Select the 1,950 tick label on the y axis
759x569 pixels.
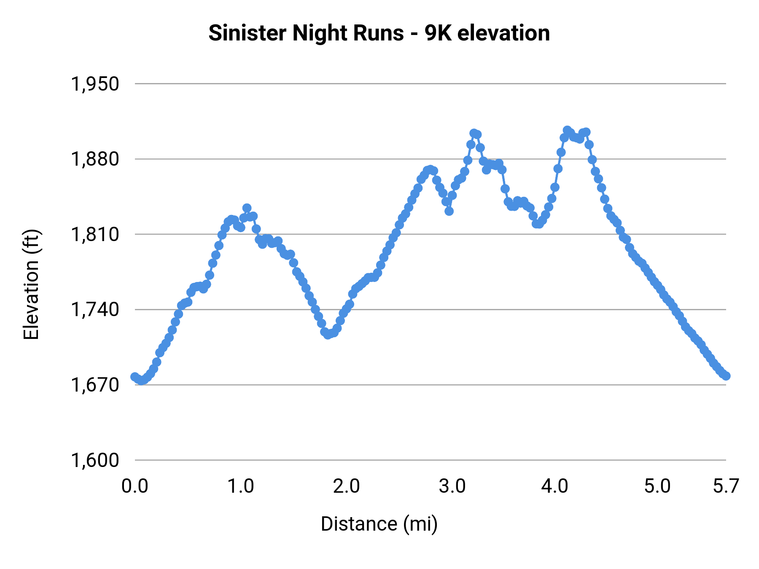(95, 84)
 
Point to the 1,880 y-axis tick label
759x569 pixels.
(95, 160)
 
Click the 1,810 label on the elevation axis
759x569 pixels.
(95, 235)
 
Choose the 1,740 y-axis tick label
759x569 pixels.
(95, 310)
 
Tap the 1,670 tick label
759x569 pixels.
(95, 385)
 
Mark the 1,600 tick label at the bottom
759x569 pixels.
(95, 460)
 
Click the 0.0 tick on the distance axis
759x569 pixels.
(135, 486)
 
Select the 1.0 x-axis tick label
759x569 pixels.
(240, 486)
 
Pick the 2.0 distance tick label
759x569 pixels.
(346, 486)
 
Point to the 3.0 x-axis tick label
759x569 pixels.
(452, 486)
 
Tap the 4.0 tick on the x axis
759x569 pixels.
(555, 486)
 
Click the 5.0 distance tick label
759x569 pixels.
(657, 486)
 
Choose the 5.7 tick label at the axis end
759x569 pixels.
(726, 486)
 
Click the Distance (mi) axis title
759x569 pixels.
(379, 524)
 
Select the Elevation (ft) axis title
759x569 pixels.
(31, 284)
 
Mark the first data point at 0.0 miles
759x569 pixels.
(135, 376)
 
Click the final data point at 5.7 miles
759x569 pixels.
(726, 376)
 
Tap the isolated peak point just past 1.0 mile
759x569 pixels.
(247, 208)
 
